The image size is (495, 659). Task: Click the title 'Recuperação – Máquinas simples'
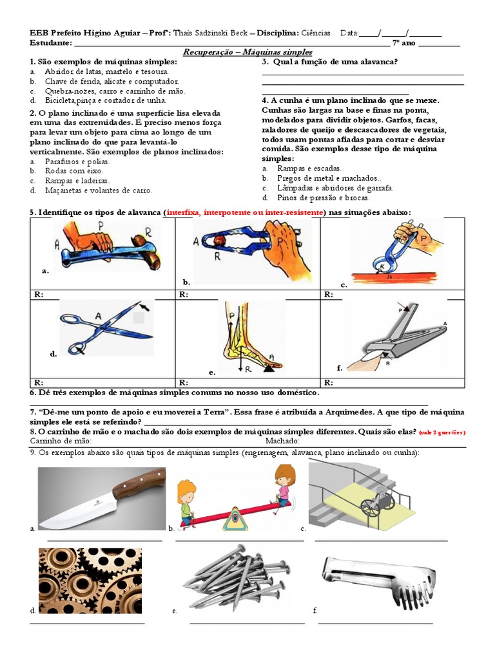pos(247,52)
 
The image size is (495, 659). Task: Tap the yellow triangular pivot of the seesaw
pos(235,519)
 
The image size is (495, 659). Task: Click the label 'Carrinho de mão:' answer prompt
pos(61,441)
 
